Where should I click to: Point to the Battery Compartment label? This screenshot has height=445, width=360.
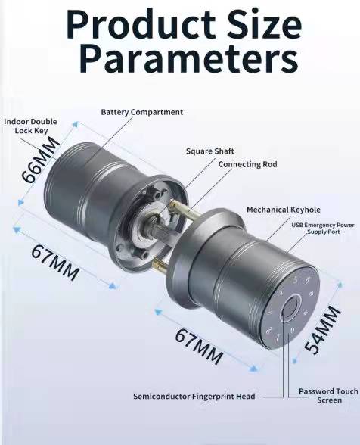click(x=141, y=112)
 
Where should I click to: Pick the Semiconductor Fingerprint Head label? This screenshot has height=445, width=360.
click(x=194, y=396)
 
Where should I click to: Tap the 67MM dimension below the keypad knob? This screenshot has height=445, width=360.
click(x=199, y=345)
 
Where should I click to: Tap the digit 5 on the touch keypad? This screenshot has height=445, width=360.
click(x=294, y=279)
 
